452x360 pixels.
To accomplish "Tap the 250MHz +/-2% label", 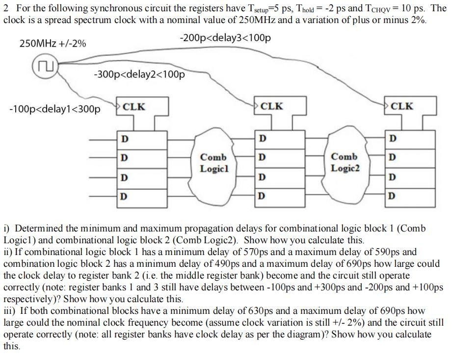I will click(53, 44).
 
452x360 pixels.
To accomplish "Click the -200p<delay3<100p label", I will click(225, 38).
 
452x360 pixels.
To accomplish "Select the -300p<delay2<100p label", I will click(139, 75).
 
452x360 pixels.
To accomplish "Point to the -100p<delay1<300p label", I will click(54, 108).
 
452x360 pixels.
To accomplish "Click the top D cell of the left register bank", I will click(142, 139).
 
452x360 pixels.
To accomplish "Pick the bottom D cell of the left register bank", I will click(142, 196).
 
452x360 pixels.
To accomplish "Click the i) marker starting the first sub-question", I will click(7, 229).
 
